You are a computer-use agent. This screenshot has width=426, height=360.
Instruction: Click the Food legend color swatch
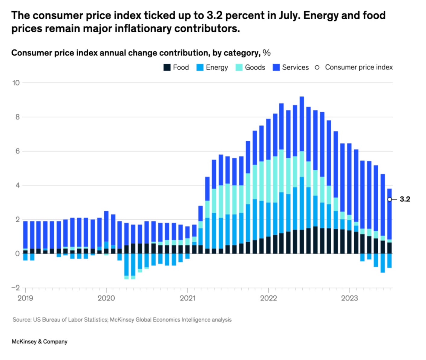point(167,67)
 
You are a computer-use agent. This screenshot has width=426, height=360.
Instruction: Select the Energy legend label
point(217,67)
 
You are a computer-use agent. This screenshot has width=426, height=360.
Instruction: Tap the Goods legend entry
point(255,67)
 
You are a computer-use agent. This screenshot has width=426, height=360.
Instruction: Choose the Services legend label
point(295,67)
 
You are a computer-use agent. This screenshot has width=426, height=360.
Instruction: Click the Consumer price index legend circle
point(317,67)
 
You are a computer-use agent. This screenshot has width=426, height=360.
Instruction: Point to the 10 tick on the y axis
point(16,83)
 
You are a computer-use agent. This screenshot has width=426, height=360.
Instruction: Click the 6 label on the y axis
point(17,151)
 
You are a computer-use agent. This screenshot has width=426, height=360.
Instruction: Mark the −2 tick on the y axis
point(16,288)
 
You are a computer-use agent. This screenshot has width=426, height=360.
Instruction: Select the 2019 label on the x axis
point(25,298)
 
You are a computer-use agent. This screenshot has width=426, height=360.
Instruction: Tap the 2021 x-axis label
point(187,298)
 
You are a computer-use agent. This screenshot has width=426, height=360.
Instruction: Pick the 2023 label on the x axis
point(349,298)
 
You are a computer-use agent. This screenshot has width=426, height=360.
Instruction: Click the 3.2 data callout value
point(405,199)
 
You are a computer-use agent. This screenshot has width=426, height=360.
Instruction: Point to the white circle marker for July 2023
point(390,199)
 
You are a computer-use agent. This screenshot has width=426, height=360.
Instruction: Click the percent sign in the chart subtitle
point(267,53)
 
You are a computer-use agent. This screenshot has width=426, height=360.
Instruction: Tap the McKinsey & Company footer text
point(40,342)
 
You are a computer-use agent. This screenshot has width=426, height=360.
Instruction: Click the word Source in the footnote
point(21,320)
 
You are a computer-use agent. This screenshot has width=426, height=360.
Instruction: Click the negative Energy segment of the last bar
point(389,261)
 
